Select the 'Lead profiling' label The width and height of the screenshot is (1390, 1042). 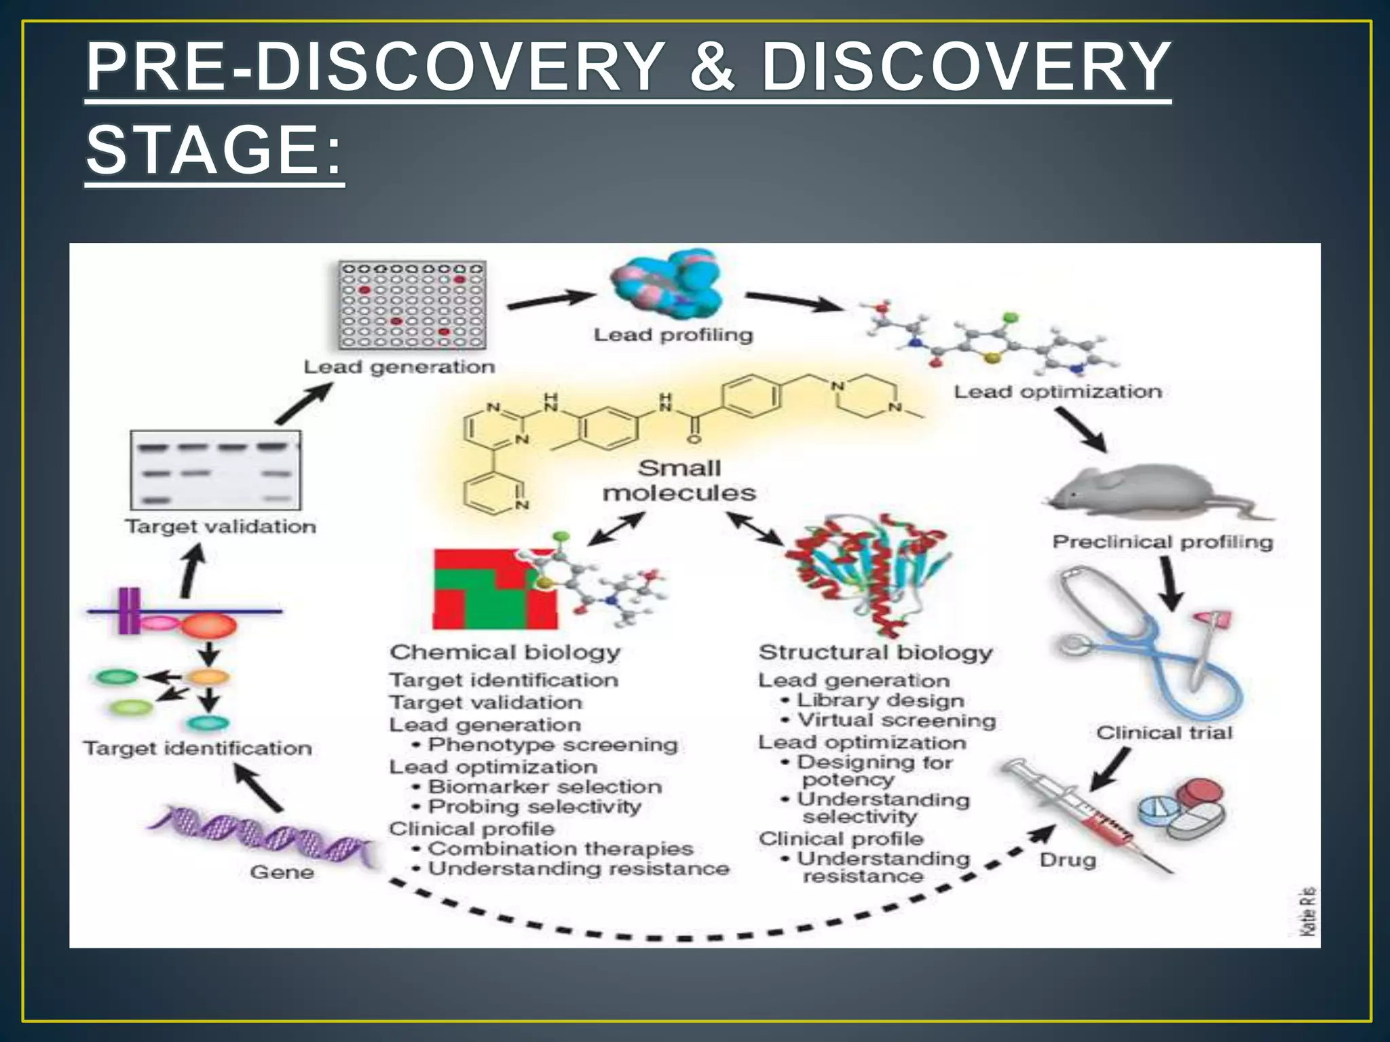(x=673, y=335)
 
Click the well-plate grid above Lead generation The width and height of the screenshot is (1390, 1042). (x=412, y=305)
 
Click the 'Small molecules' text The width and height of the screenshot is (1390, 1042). (x=679, y=480)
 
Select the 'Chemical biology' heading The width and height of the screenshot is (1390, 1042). (x=505, y=653)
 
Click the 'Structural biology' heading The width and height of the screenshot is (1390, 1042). (x=876, y=653)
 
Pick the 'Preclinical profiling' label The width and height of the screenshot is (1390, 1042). (x=1162, y=542)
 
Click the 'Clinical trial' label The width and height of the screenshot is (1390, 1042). (x=1164, y=733)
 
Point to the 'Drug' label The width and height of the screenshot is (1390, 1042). (x=1068, y=860)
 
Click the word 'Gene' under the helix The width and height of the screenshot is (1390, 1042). (x=282, y=872)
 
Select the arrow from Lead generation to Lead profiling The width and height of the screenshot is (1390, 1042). (x=550, y=300)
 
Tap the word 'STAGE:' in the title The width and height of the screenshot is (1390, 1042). (x=214, y=150)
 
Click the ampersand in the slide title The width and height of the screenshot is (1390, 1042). (x=713, y=68)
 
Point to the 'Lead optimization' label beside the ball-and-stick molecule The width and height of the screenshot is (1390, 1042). (x=1057, y=392)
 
